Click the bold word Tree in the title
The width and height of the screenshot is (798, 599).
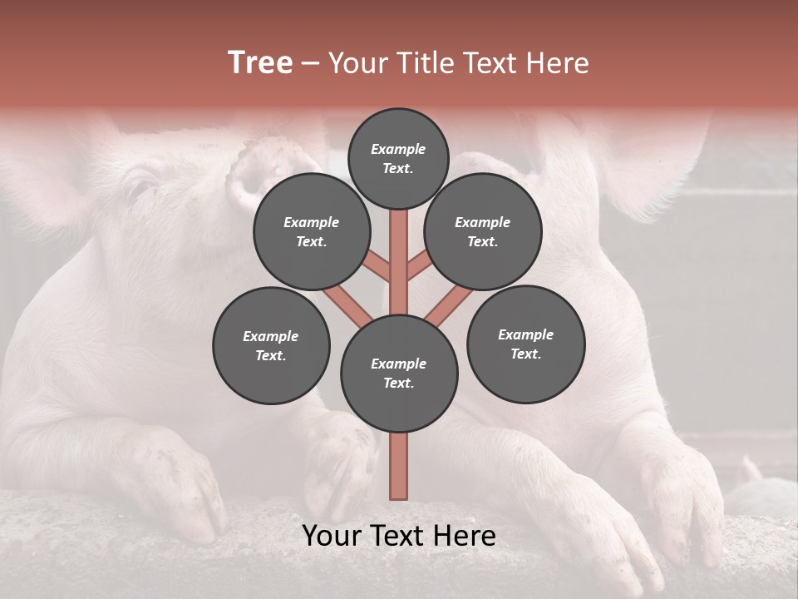[x=260, y=63]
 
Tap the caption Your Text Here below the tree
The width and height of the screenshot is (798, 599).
[x=399, y=536]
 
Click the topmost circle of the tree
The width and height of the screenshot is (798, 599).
[x=398, y=158]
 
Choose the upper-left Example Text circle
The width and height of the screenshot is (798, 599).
[x=312, y=231]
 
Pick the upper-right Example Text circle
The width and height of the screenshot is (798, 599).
[x=483, y=231]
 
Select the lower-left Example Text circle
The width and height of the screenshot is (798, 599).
[x=271, y=345]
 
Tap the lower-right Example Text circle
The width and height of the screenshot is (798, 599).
[x=525, y=344]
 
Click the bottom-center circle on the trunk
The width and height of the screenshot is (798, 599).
[x=399, y=373]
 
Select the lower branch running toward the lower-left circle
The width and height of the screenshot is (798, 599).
[x=348, y=304]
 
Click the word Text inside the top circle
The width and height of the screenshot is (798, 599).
[x=398, y=168]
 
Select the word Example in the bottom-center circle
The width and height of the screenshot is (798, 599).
[x=398, y=364]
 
